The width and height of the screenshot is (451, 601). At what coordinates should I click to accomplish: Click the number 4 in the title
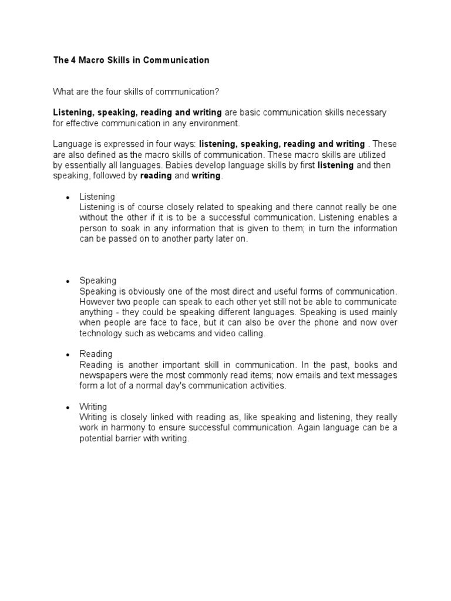(73, 60)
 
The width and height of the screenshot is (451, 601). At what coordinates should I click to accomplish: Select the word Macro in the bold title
(91, 60)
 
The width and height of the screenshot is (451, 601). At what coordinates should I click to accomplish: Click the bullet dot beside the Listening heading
(68, 197)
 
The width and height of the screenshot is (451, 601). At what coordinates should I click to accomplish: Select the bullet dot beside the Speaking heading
(68, 281)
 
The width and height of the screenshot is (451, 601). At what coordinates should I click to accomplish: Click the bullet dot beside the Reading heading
(68, 354)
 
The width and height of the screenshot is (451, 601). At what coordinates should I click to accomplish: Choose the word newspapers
(105, 375)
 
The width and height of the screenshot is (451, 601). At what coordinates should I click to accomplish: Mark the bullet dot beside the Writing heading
(68, 407)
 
